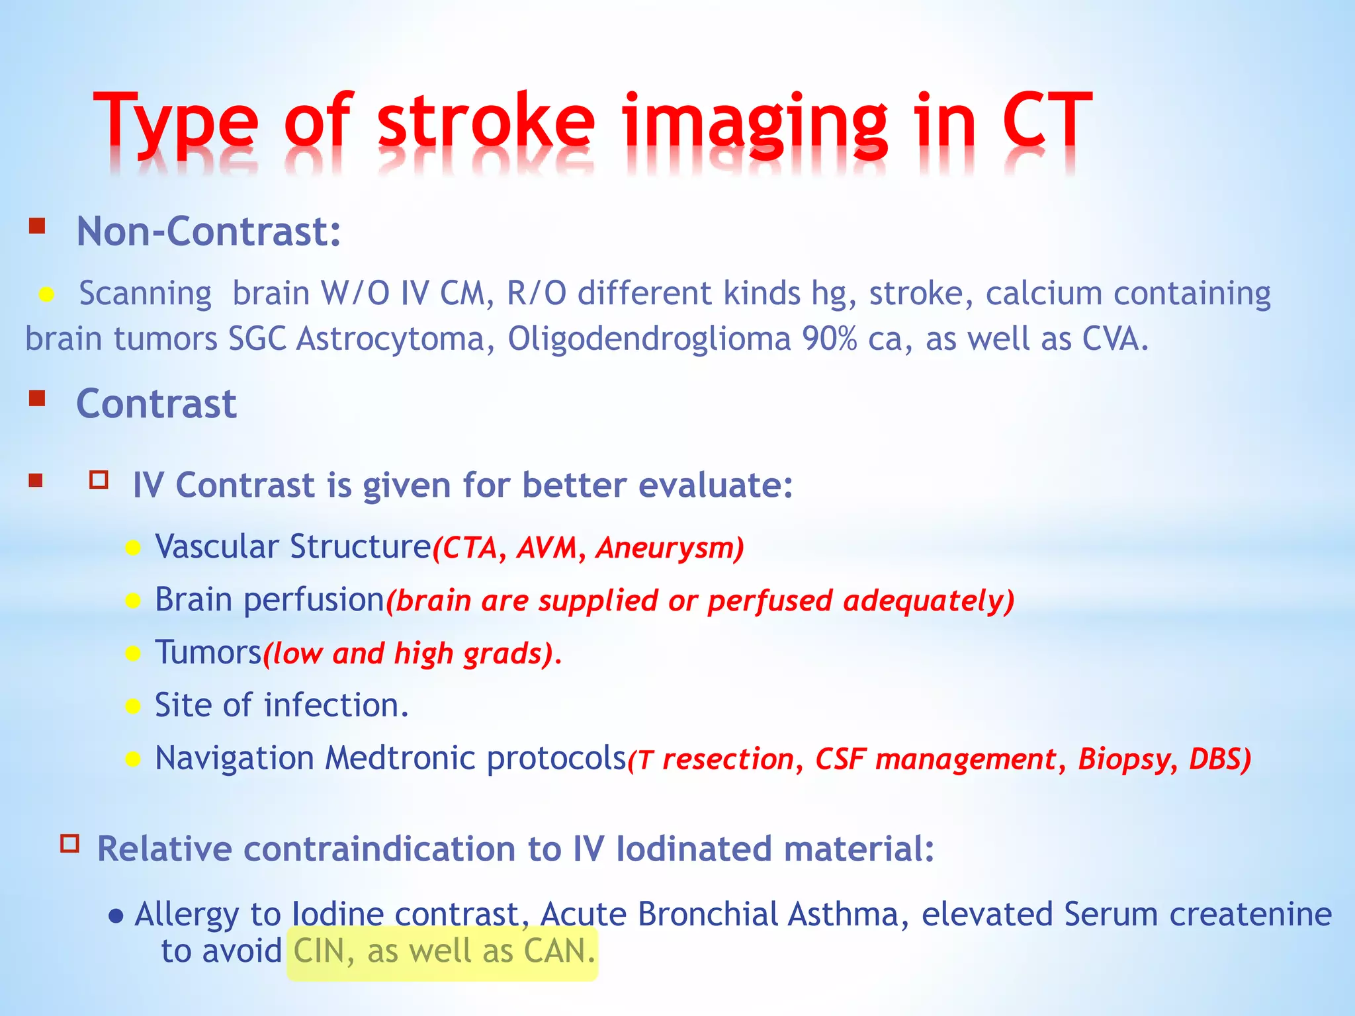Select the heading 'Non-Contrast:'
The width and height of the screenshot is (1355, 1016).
(x=208, y=232)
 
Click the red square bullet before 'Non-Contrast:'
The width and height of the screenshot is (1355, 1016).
(x=37, y=227)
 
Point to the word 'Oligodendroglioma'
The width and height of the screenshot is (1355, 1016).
(x=649, y=339)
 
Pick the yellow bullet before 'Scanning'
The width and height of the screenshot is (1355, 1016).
(x=46, y=294)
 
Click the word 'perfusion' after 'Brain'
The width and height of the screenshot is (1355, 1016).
(x=314, y=601)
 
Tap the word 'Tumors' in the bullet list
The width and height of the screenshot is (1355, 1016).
(x=208, y=653)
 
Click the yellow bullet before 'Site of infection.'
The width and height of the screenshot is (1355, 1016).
(x=133, y=706)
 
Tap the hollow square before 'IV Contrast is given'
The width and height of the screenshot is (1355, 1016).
(x=99, y=480)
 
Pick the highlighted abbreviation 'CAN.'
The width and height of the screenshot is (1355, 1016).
(x=559, y=952)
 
